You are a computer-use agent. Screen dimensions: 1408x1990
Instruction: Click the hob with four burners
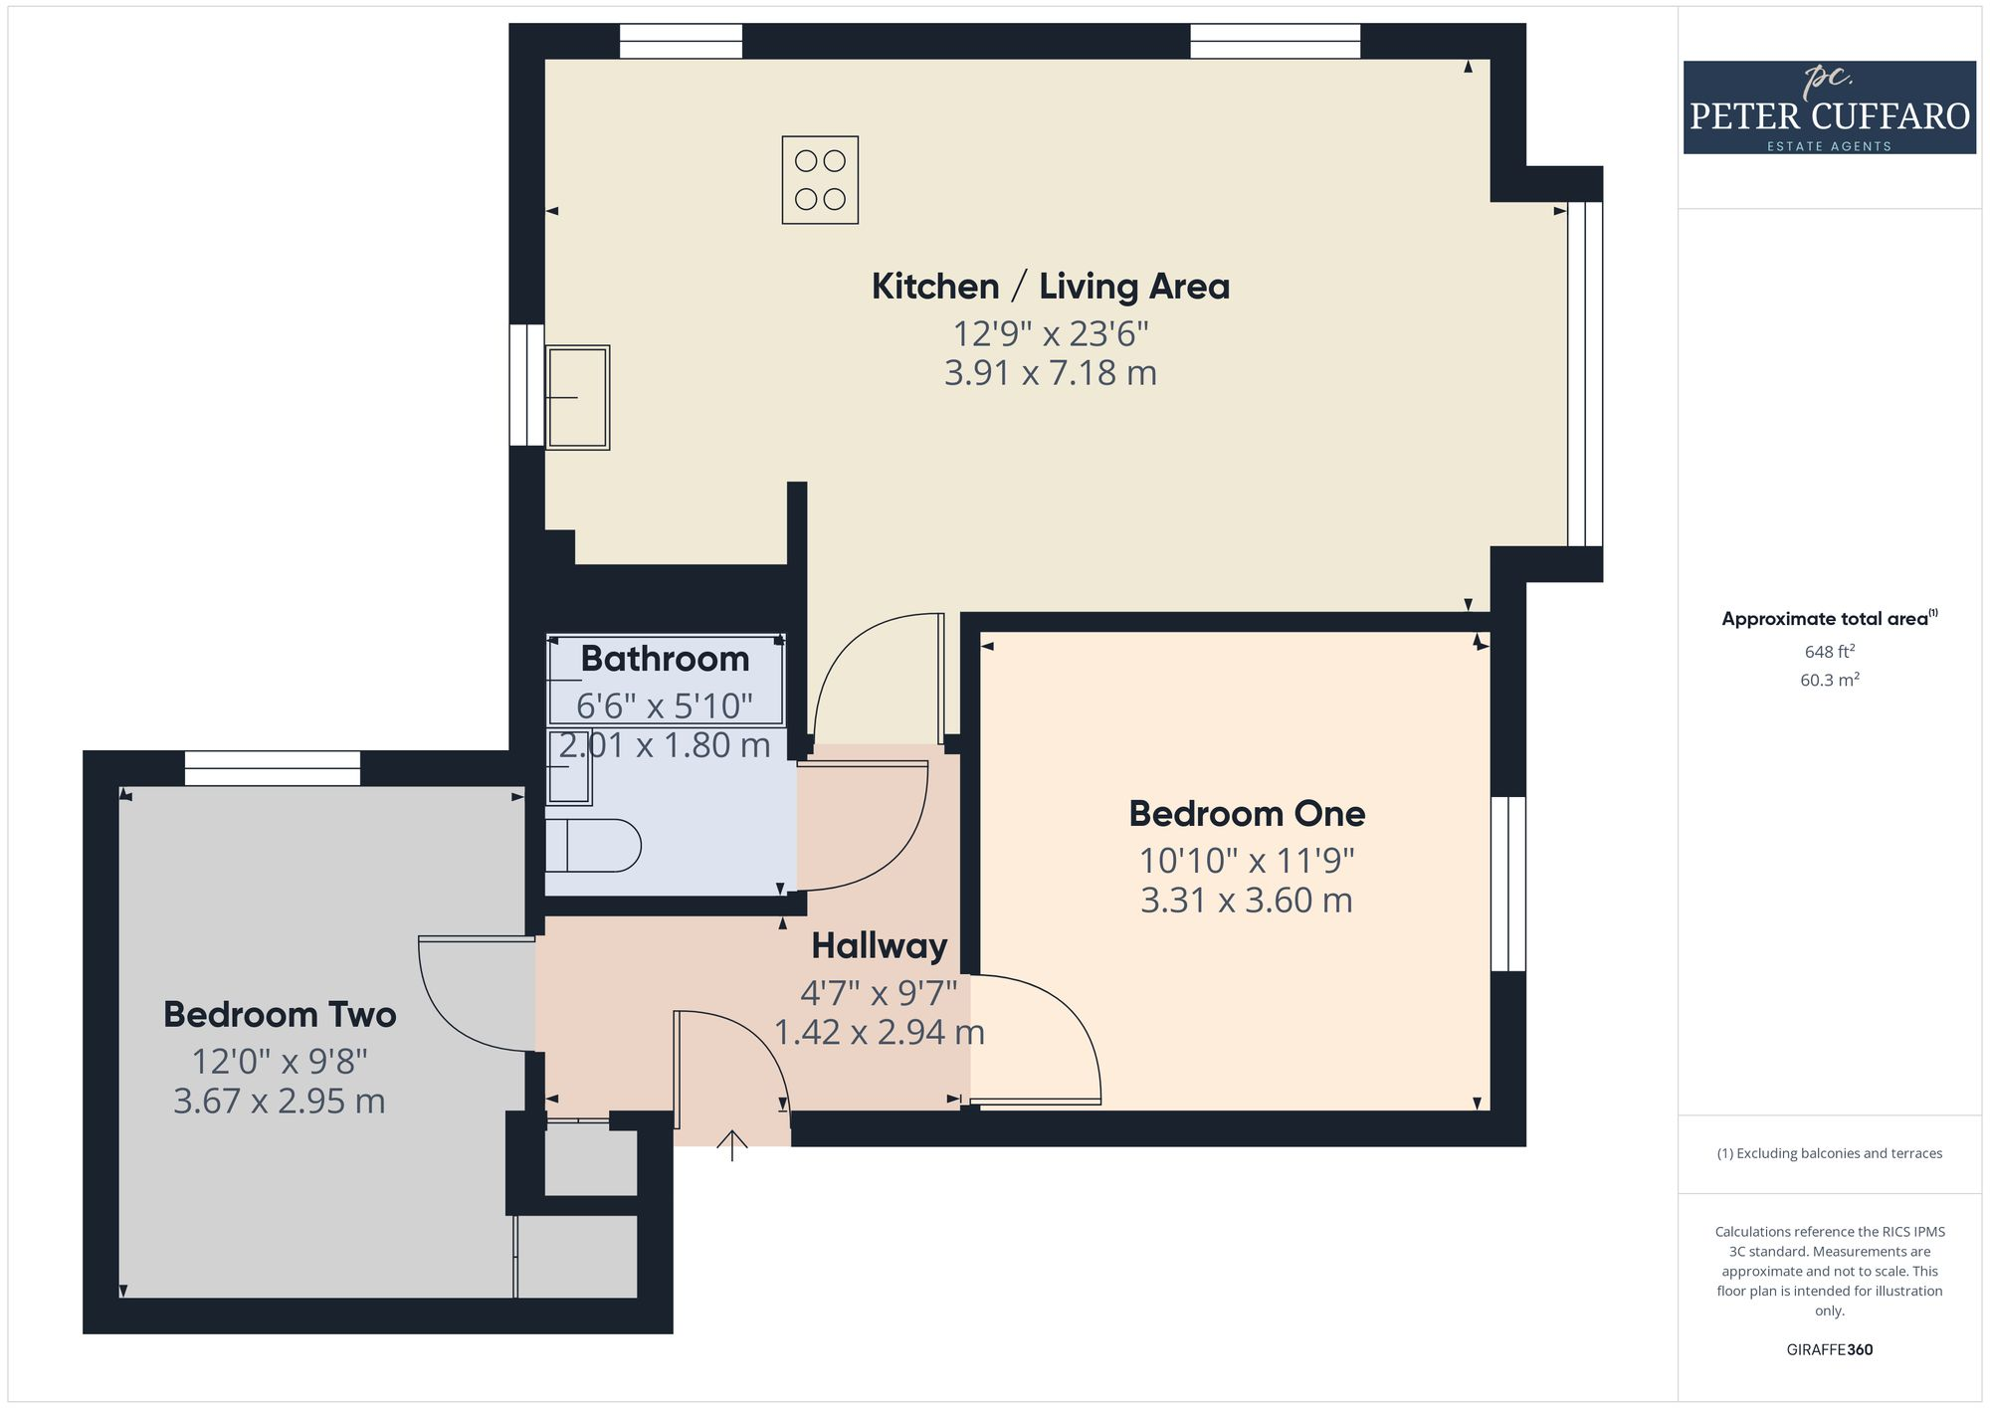(x=820, y=180)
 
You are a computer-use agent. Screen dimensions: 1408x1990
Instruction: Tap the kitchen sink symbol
(x=577, y=397)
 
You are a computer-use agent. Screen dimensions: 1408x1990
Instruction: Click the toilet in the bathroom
(x=593, y=846)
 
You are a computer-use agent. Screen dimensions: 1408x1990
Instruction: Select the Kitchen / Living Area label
(x=1050, y=287)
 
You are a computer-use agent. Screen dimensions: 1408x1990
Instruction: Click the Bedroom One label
(x=1246, y=814)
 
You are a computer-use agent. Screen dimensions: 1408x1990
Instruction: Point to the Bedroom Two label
(x=280, y=1015)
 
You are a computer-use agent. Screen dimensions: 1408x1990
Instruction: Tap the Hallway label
(x=879, y=946)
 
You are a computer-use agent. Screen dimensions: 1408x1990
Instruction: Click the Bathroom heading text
(x=665, y=659)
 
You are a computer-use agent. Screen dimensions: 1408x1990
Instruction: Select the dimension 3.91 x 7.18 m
(x=1050, y=373)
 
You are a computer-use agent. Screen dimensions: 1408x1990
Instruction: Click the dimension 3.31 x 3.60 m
(x=1246, y=901)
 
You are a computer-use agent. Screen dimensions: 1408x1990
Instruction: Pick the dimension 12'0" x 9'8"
(x=280, y=1062)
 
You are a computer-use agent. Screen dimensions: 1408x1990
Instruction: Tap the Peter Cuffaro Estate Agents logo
(x=1829, y=107)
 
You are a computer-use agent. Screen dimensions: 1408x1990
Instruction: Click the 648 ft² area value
(x=1829, y=652)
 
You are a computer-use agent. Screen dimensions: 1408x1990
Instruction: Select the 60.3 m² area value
(x=1829, y=681)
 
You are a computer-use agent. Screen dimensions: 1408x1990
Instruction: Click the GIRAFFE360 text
(x=1829, y=1350)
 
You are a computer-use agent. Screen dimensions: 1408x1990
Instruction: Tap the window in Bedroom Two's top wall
(x=272, y=768)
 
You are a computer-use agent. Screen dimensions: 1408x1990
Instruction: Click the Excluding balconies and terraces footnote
(x=1829, y=1154)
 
